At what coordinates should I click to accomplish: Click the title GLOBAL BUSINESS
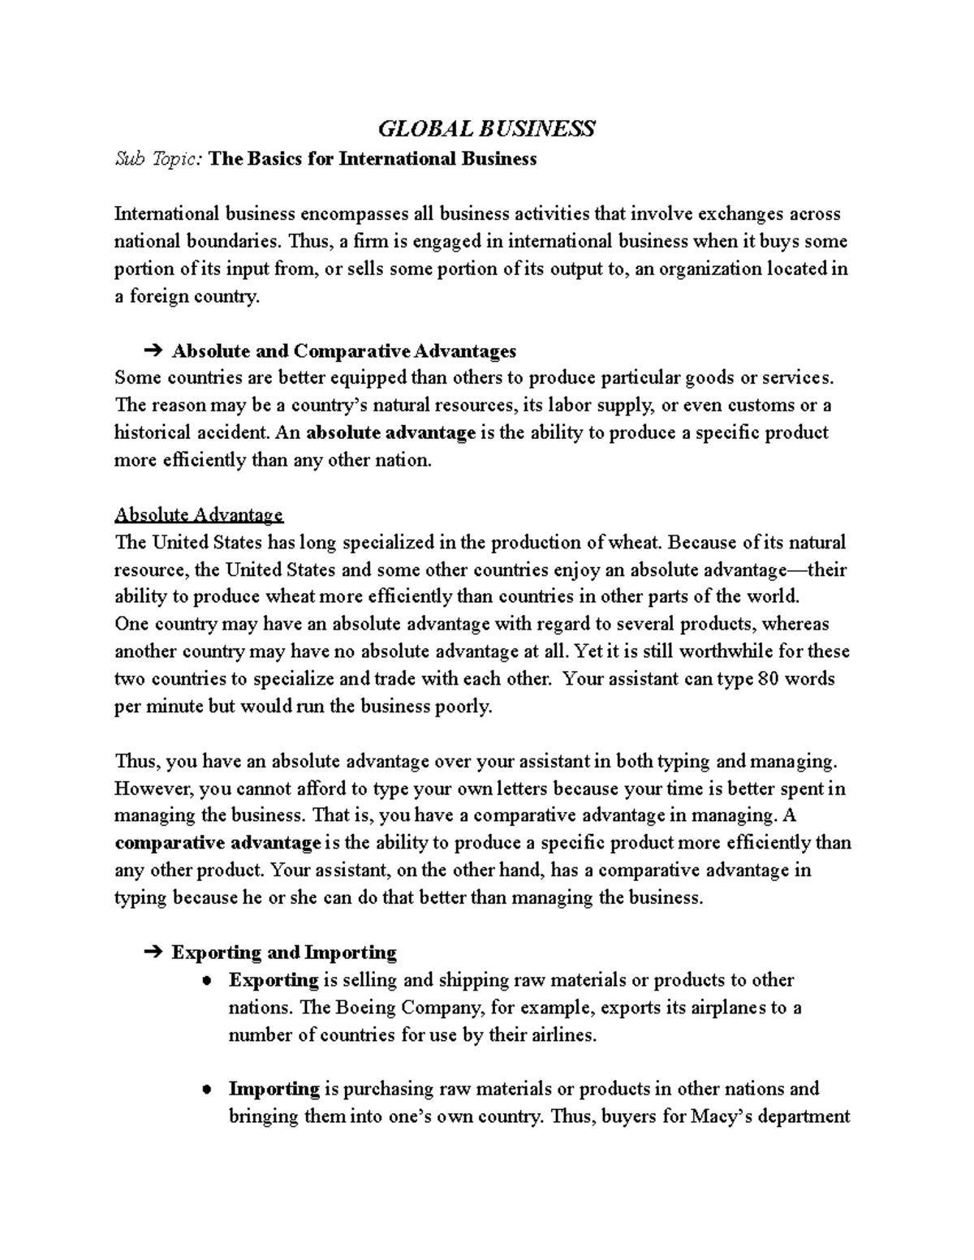click(x=487, y=128)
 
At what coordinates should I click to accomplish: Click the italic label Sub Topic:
click(x=159, y=159)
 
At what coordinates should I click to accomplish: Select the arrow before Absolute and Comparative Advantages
click(x=152, y=351)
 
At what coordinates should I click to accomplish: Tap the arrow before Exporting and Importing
click(x=152, y=953)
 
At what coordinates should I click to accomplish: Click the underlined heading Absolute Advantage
click(x=199, y=514)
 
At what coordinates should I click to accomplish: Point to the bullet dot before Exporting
click(x=208, y=981)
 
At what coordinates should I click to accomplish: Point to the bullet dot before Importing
click(x=208, y=1090)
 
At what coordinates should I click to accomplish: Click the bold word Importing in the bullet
click(x=274, y=1089)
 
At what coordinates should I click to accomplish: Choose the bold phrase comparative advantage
click(x=218, y=843)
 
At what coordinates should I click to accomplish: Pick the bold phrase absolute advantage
click(x=391, y=432)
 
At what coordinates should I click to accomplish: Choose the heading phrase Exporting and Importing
click(x=283, y=953)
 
